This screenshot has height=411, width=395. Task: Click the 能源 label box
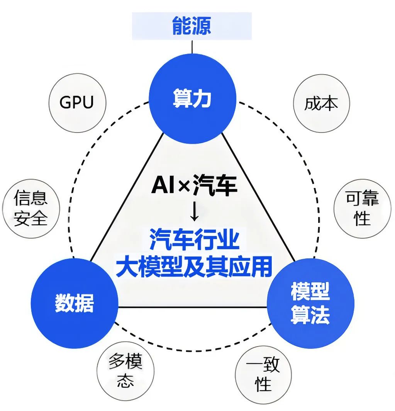coord(192,26)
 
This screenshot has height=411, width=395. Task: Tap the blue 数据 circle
coord(75,303)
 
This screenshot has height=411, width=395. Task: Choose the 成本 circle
coord(321,104)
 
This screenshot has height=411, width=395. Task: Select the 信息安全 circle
coord(31,209)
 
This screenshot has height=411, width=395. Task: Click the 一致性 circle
coord(263,375)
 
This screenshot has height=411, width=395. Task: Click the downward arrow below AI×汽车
coord(194,212)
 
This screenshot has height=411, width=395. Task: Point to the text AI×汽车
coord(194,186)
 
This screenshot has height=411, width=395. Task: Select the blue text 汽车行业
coord(194,241)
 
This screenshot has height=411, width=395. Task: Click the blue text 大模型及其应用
coord(194,266)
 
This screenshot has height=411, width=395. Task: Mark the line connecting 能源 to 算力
coord(192,46)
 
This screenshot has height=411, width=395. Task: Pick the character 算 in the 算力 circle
coord(182,99)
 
